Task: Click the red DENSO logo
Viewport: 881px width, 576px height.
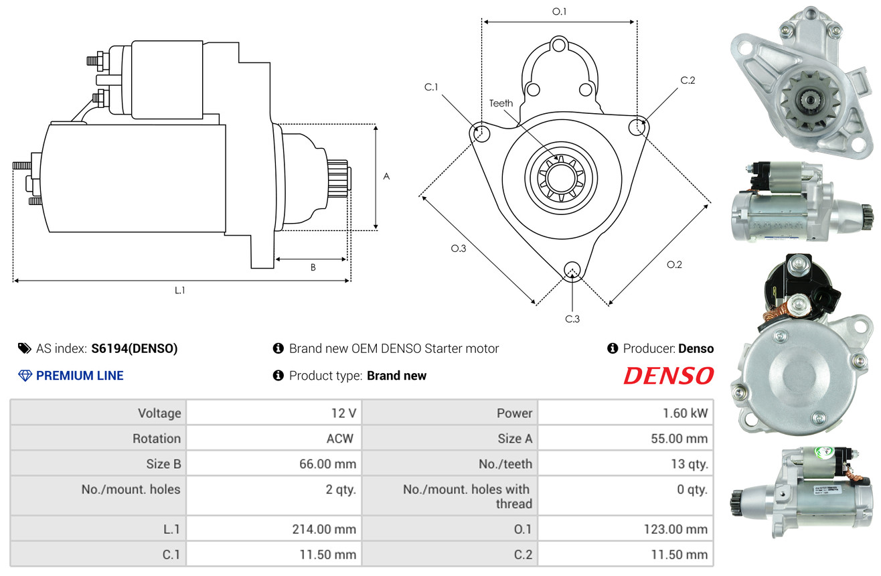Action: (668, 376)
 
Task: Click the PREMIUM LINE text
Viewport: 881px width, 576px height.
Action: (80, 376)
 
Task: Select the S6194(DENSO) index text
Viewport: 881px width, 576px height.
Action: (135, 348)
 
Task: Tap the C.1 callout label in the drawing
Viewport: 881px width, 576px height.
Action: (430, 87)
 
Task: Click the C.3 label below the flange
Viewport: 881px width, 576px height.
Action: (572, 319)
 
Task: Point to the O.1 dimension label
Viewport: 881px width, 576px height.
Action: (559, 11)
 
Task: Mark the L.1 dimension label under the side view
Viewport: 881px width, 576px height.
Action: (179, 290)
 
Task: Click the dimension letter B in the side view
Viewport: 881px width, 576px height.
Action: (313, 267)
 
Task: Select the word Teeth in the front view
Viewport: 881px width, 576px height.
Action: (501, 103)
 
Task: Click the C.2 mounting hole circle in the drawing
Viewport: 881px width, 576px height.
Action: (638, 125)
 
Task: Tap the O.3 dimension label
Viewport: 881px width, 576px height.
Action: (458, 248)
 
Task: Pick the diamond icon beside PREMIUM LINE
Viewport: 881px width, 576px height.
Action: (25, 376)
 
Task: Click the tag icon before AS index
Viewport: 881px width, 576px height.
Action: (24, 348)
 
